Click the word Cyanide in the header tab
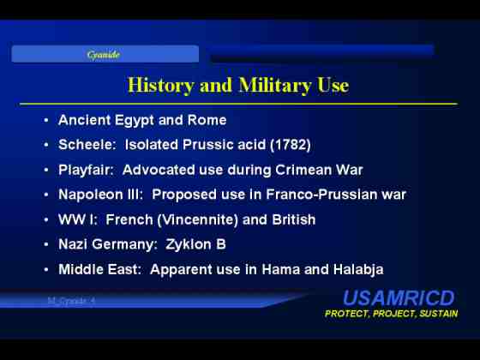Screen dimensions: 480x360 coord(103,55)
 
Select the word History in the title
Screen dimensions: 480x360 coord(161,85)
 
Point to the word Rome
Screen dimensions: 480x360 coord(207,120)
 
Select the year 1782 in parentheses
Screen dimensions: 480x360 coord(291,145)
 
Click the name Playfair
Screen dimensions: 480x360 coord(86,171)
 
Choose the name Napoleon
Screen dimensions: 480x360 coord(91,195)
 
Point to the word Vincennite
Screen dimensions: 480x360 coord(197,219)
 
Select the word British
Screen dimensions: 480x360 coord(293,219)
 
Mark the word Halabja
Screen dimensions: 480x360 coord(358,269)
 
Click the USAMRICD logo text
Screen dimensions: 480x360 coord(399,298)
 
